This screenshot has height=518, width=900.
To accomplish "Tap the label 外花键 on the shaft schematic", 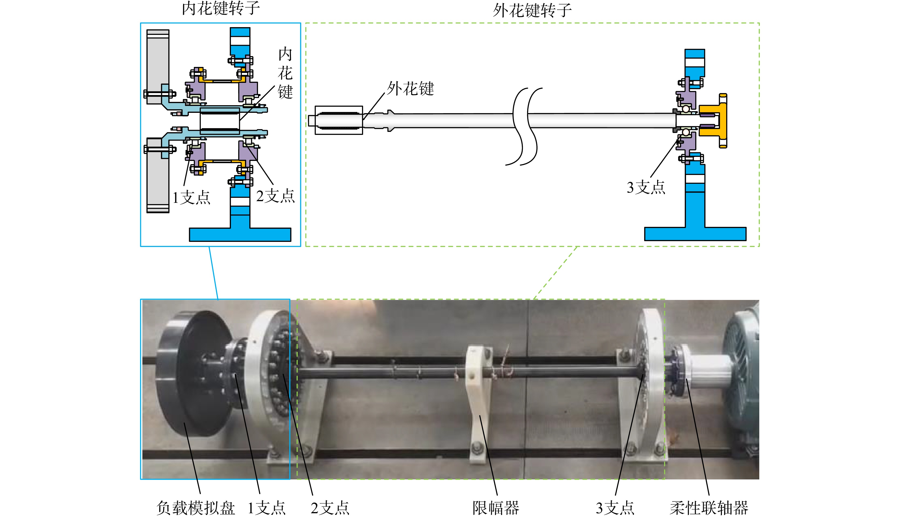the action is pos(410,89).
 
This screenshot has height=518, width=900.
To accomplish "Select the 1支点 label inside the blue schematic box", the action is pos(191,197).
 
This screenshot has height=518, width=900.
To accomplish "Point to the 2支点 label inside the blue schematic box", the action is pos(275,196).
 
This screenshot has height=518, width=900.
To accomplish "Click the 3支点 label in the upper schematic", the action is pos(646,187).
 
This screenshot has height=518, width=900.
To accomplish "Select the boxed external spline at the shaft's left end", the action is pos(339,120).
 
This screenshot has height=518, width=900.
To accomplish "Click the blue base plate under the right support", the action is pos(695,234).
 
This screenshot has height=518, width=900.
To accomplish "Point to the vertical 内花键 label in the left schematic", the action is pos(285,73).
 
